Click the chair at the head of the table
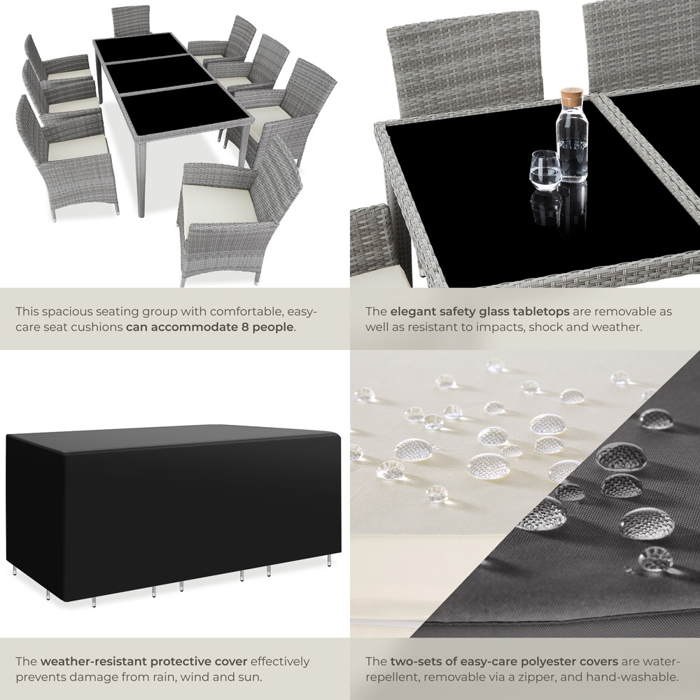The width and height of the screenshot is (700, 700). click(130, 20)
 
